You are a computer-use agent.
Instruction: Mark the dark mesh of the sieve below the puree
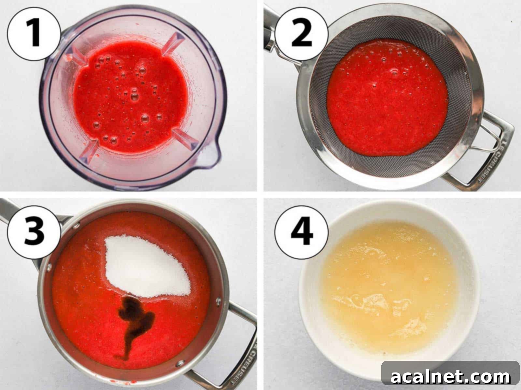click(x=391, y=166)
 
